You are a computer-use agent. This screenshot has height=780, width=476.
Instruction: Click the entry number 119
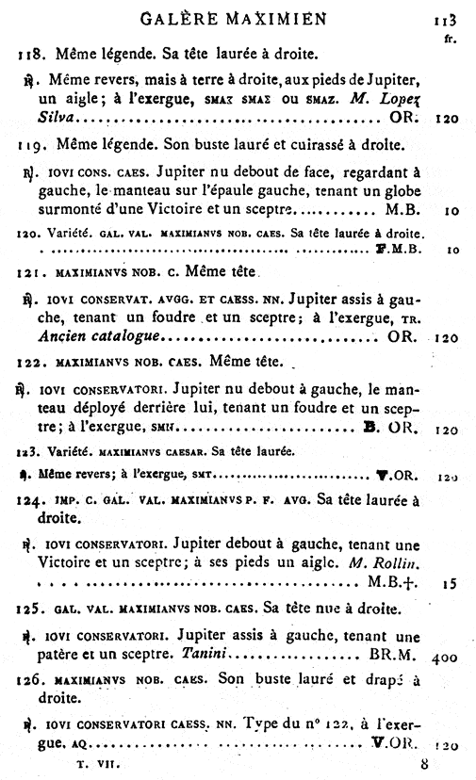[x=31, y=146]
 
